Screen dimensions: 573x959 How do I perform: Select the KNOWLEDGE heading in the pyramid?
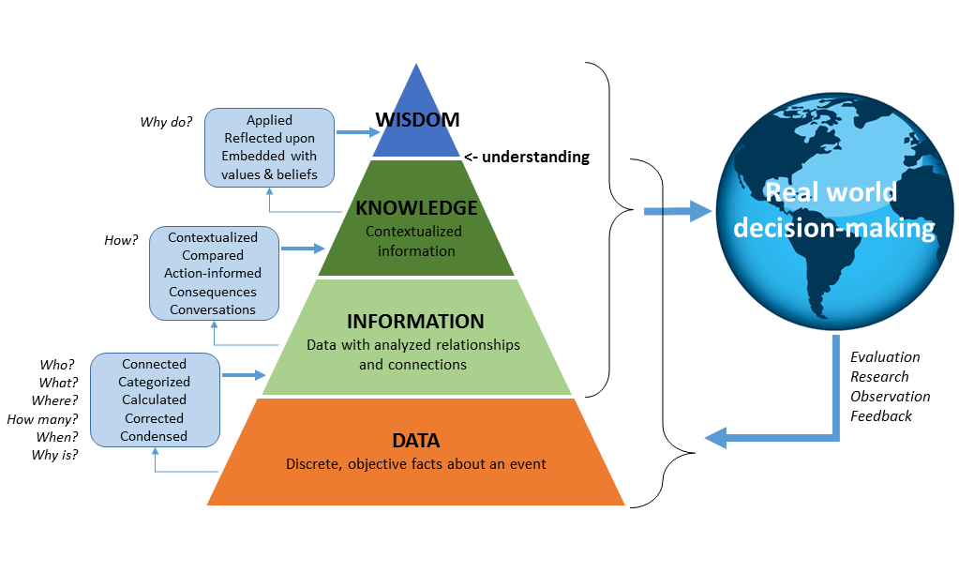pyautogui.click(x=416, y=208)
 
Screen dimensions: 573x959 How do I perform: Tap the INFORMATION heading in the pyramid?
pyautogui.click(x=415, y=322)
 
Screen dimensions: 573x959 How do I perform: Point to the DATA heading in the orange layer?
pyautogui.click(x=415, y=440)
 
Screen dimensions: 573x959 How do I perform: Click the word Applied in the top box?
pyautogui.click(x=269, y=120)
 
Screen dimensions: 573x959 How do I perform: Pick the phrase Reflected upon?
pyautogui.click(x=269, y=138)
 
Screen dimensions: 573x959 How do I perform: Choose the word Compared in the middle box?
pyautogui.click(x=213, y=255)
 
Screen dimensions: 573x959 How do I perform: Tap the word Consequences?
pyautogui.click(x=213, y=292)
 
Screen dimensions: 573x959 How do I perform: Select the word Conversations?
pyautogui.click(x=213, y=309)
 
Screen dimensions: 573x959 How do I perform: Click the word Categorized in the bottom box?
pyautogui.click(x=154, y=382)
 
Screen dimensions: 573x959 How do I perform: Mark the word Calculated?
pyautogui.click(x=154, y=400)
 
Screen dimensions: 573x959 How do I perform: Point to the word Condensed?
pyautogui.click(x=154, y=436)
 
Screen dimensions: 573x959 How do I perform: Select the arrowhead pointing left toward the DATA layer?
pyautogui.click(x=717, y=437)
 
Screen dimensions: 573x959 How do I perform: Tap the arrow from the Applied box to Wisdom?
pyautogui.click(x=353, y=132)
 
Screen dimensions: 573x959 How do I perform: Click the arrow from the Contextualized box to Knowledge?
pyautogui.click(x=300, y=249)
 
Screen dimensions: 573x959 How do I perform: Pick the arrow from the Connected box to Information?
pyautogui.click(x=243, y=375)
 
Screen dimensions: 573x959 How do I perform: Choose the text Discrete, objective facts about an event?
pyautogui.click(x=415, y=464)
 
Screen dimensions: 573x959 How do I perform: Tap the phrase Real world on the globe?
pyautogui.click(x=831, y=193)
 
